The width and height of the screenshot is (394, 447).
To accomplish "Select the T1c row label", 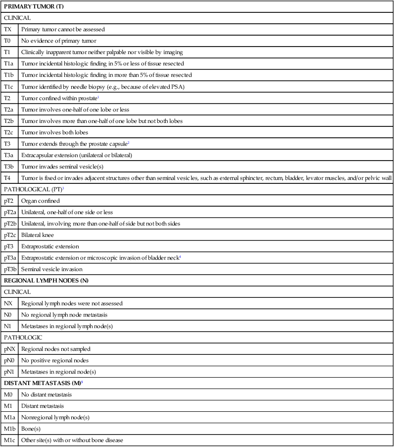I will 9,86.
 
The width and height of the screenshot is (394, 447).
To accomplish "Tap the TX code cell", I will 8,29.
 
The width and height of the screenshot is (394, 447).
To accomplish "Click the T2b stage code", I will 9,120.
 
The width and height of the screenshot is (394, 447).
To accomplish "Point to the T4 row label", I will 7,178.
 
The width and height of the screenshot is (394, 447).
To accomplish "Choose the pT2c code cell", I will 10,235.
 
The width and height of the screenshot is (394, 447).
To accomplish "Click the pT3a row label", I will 10,258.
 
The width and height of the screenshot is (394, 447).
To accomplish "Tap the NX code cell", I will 8,303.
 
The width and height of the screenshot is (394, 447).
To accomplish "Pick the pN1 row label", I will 9,372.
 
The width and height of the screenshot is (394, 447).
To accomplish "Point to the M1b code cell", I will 9,429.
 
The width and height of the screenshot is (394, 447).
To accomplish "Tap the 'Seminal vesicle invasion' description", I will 52,269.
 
